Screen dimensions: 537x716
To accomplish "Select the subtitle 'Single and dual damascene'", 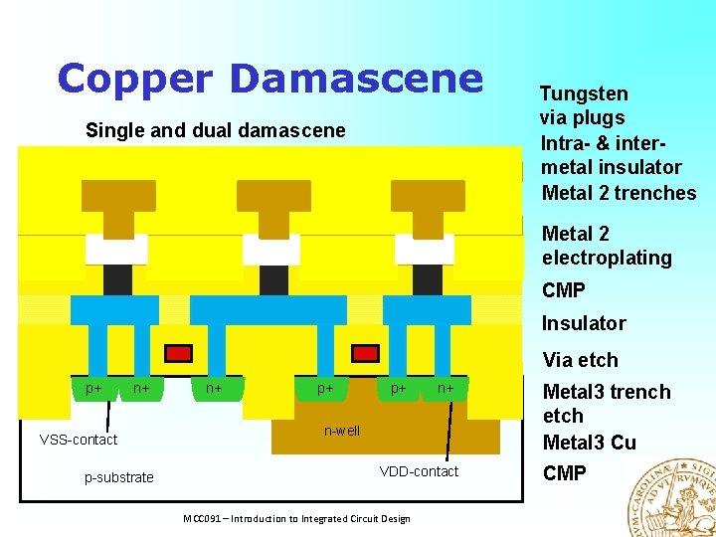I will click(x=216, y=130).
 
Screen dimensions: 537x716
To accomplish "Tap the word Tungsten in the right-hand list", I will click(x=584, y=93).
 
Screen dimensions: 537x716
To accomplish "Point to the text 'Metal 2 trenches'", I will click(x=619, y=193).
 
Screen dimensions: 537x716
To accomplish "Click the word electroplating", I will click(x=607, y=259).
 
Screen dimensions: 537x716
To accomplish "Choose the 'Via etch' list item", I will click(x=580, y=360).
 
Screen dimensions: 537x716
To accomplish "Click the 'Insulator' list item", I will click(x=583, y=323).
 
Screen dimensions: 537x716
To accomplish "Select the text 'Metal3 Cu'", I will click(x=589, y=443).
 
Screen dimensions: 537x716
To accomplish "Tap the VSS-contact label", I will click(x=78, y=440).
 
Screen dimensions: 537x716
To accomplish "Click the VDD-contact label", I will click(x=419, y=471).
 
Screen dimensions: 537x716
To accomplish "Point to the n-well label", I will click(x=342, y=431).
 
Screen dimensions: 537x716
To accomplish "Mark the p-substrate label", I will click(x=118, y=477).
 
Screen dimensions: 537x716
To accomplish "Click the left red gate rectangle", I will click(x=178, y=353).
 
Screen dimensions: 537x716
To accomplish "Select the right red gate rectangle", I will click(x=366, y=353).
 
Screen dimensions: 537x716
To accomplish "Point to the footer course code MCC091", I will click(x=204, y=519).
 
